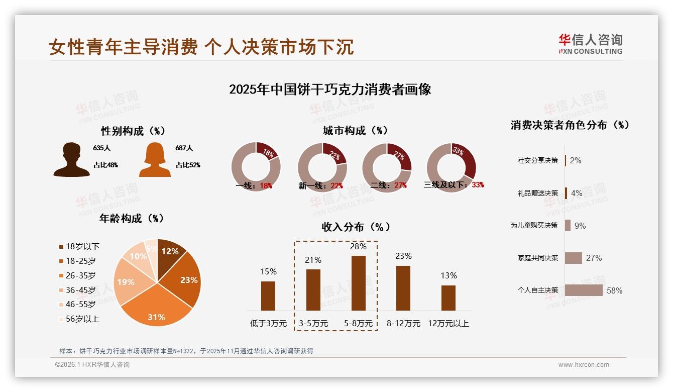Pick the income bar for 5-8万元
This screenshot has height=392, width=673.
pyautogui.click(x=358, y=283)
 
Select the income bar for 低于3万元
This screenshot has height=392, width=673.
pyautogui.click(x=268, y=296)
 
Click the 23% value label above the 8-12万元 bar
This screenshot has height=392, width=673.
pyautogui.click(x=403, y=256)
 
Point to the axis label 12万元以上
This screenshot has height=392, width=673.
pyautogui.click(x=448, y=324)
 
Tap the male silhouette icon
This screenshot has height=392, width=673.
pyautogui.click(x=71, y=160)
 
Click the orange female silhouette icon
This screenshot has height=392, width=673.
pyautogui.click(x=155, y=160)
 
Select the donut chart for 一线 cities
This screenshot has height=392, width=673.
pyautogui.click(x=256, y=167)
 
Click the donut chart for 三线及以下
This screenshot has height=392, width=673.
pyautogui.click(x=451, y=167)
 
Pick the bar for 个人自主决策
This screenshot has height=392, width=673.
pyautogui.click(x=584, y=290)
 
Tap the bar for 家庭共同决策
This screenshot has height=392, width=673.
pyautogui.click(x=573, y=258)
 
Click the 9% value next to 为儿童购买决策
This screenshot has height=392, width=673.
pyautogui.click(x=580, y=226)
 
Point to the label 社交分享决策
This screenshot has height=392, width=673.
pyautogui.click(x=537, y=161)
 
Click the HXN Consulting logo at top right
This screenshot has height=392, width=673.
pyautogui.click(x=590, y=44)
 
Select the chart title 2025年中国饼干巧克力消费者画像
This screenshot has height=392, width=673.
pyautogui.click(x=330, y=89)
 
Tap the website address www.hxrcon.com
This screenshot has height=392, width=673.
pyautogui.click(x=584, y=365)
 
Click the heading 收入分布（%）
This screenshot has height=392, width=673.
pyautogui.click(x=356, y=227)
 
